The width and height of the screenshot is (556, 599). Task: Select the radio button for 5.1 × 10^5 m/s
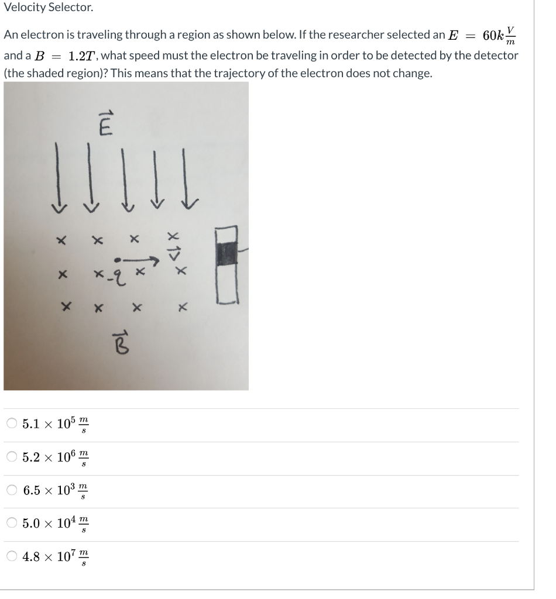pyautogui.click(x=13, y=424)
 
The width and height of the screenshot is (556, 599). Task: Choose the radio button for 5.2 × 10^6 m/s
pyautogui.click(x=13, y=457)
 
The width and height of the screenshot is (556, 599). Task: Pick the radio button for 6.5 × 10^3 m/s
pyautogui.click(x=13, y=490)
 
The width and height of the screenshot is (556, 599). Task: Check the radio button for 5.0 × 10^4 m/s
pyautogui.click(x=13, y=524)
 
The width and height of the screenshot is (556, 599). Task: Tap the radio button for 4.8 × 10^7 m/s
pyautogui.click(x=13, y=557)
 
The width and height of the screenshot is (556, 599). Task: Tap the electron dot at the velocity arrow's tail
pyautogui.click(x=117, y=258)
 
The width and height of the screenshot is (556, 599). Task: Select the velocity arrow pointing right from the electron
pyautogui.click(x=140, y=257)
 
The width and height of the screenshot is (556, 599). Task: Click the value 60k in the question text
pyautogui.click(x=495, y=35)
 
